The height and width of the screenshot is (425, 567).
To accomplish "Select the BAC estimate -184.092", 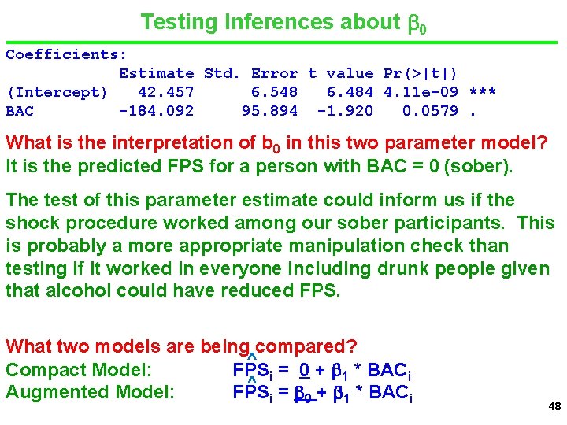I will (156, 111).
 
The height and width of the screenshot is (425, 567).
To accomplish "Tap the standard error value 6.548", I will (274, 92).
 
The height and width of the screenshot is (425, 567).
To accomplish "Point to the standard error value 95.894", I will (269, 111).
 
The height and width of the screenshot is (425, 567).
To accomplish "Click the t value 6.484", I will (350, 92).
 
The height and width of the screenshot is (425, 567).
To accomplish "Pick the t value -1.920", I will (345, 111).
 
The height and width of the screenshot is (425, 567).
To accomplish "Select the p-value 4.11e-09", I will (421, 92).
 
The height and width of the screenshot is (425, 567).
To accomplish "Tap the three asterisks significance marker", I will (482, 92).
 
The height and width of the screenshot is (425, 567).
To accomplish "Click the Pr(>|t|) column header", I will (421, 73).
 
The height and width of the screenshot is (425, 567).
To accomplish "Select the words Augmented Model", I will (90, 391).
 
